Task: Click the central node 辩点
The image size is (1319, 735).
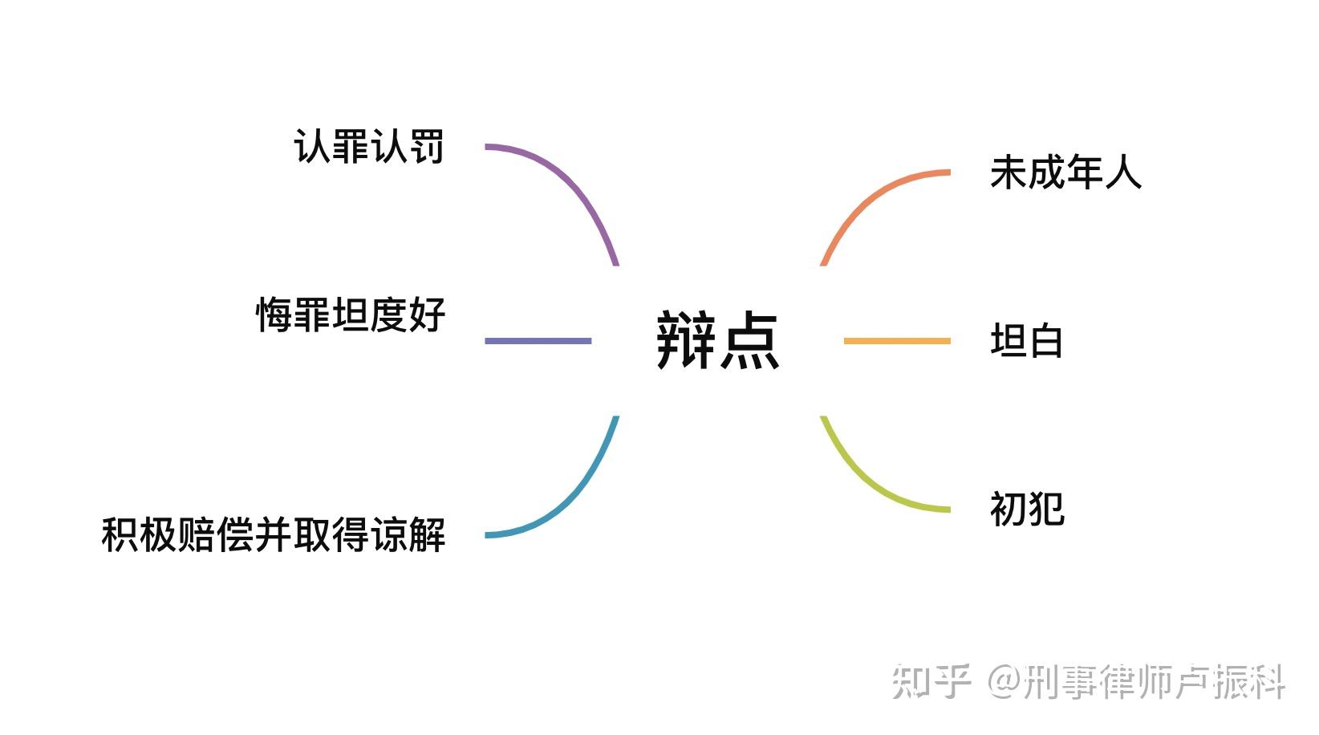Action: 717,341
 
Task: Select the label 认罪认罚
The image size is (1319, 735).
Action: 368,147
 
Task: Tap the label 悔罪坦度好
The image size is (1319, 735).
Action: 350,315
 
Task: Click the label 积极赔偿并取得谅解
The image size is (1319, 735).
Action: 273,534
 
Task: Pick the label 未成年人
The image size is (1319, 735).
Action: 1065,173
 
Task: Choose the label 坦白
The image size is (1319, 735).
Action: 1026,341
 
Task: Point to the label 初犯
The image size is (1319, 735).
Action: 1026,509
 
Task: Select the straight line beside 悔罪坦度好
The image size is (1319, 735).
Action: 538,341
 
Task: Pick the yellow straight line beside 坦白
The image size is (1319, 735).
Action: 897,341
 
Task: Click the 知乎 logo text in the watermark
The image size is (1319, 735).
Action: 931,681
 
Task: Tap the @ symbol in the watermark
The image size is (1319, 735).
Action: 1004,681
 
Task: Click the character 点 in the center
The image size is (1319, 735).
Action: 749,341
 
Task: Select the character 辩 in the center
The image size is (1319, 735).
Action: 686,341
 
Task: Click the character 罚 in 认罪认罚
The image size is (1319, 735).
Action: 425,147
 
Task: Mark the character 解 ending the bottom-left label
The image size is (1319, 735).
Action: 427,534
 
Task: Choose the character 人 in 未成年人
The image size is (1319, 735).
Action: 1123,173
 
